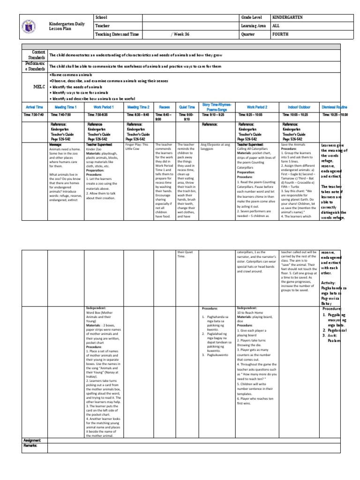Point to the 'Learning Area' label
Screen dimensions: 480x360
coord(254,26)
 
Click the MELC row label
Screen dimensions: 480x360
coord(36,87)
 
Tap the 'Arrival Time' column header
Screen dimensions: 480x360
coord(34,107)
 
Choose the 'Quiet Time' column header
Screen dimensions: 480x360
coord(186,107)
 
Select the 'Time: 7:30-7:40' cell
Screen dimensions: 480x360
coord(34,114)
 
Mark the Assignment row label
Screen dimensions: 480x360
coord(33,441)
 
